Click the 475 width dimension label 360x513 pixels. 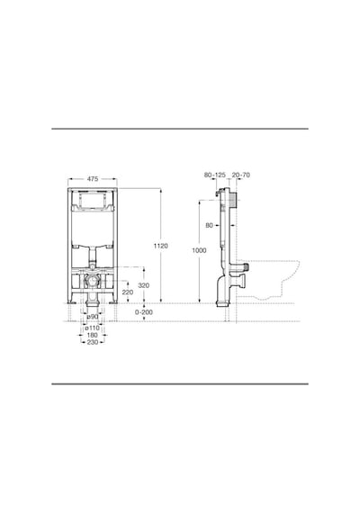[x=93, y=179]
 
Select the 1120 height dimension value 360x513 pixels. [x=161, y=246]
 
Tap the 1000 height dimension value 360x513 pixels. [x=199, y=250]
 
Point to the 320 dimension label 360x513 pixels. [x=143, y=285]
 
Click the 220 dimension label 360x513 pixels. [x=128, y=292]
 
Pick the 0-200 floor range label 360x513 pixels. [x=144, y=312]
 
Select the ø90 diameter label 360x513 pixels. [x=93, y=317]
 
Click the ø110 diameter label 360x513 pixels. [x=92, y=328]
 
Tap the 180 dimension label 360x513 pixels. [x=93, y=335]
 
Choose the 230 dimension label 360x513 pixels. [x=93, y=342]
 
